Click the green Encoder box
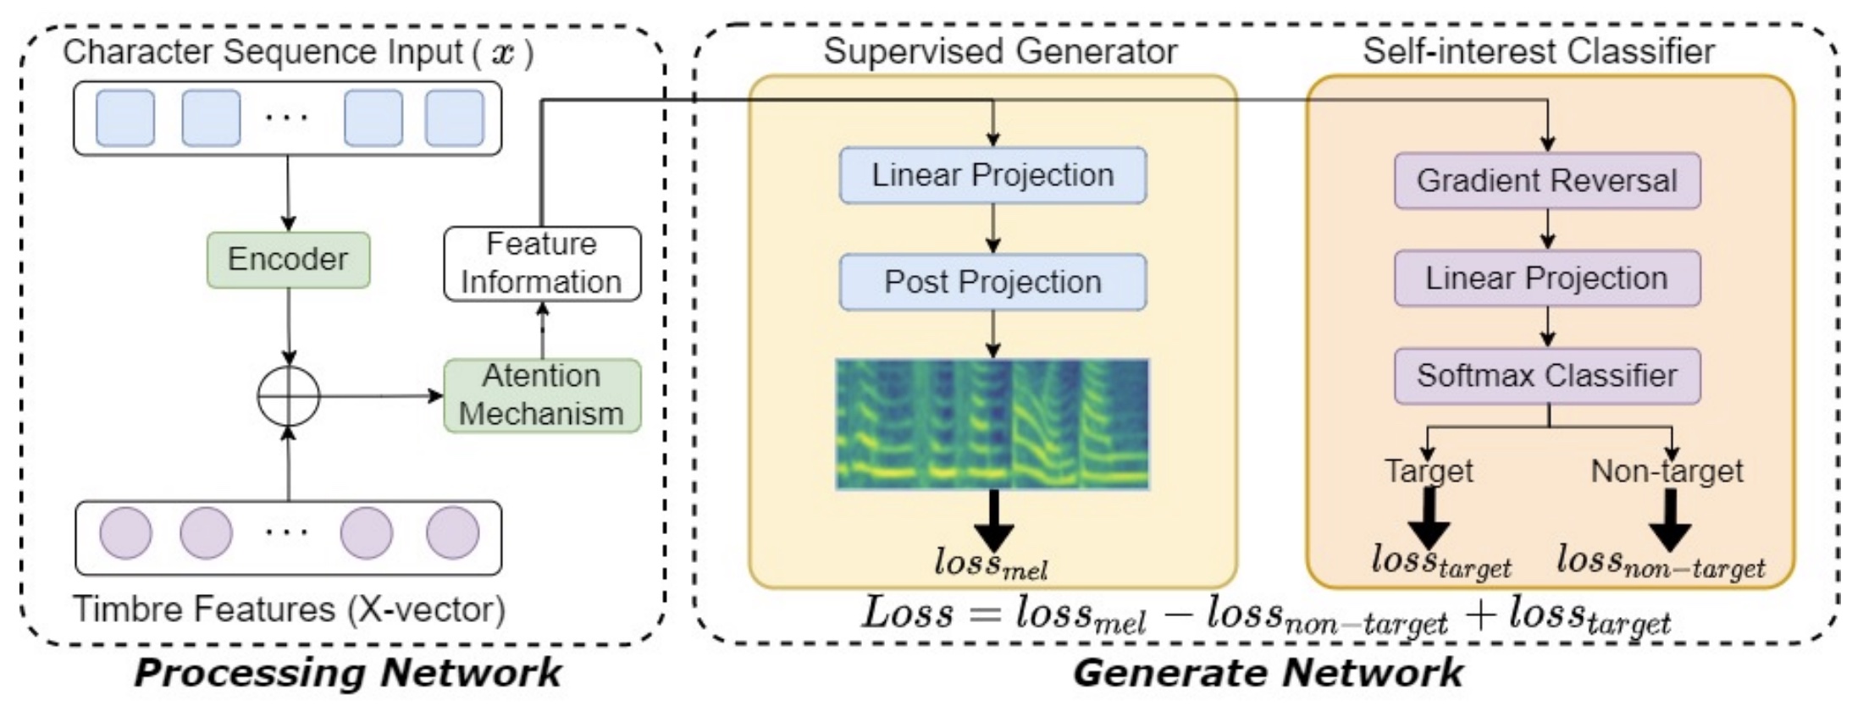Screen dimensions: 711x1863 point(288,260)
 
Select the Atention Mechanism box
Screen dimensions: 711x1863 point(542,395)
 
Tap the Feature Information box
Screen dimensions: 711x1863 point(542,263)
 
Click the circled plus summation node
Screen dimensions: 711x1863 point(289,395)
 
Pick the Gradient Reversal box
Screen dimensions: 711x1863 point(1547,180)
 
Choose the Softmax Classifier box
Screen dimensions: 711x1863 point(1547,375)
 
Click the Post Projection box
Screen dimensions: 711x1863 point(992,282)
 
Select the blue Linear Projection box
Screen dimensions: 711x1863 point(992,175)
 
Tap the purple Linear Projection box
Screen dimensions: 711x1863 point(1547,278)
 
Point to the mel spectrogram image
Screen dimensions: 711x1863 point(992,424)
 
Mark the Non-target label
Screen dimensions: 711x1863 point(1667,471)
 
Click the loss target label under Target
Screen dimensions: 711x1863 point(1440,560)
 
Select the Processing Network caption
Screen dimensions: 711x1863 point(347,674)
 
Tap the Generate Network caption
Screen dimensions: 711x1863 point(1268,674)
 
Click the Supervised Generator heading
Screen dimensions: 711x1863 point(1000,52)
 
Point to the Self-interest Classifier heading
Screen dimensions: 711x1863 point(1539,52)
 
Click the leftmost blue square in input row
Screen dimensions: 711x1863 point(125,118)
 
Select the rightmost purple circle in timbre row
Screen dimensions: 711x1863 point(452,533)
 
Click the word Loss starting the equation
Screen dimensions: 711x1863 point(907,613)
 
